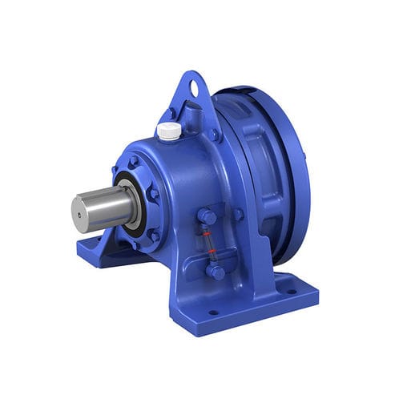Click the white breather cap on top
(168, 131)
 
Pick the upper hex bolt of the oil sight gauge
(206, 216)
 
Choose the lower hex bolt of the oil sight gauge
(215, 271)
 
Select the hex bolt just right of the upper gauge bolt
(238, 214)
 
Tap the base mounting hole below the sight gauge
(213, 312)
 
